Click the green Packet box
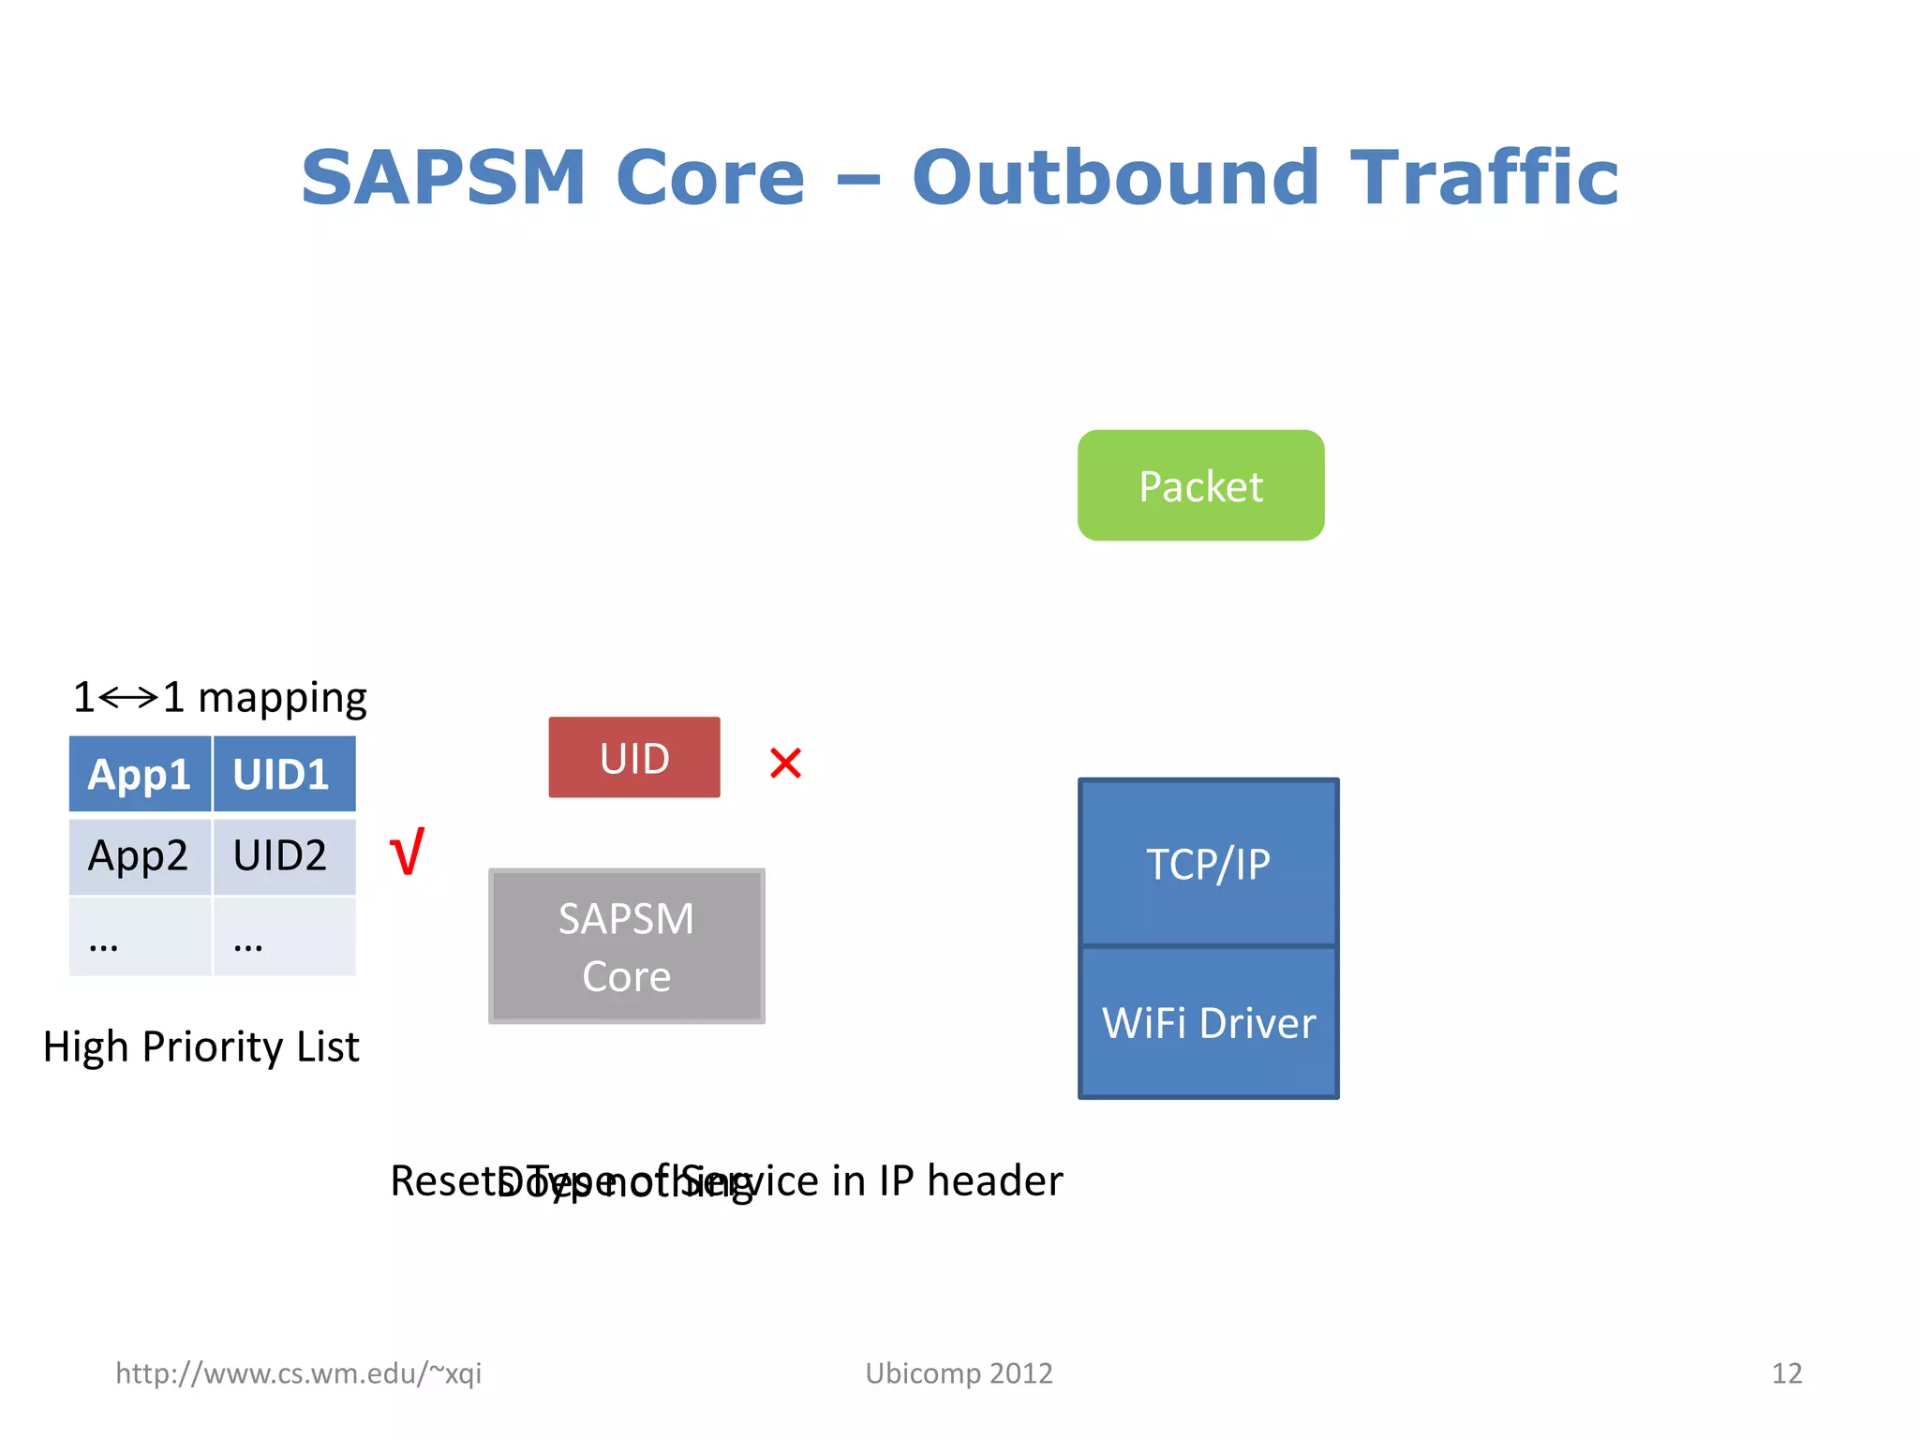1200,485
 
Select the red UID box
634,758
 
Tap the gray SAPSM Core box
627,946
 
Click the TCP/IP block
1208,863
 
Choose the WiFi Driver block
1208,1022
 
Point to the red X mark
785,763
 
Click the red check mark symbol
408,852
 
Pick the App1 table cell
140,775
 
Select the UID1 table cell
283,775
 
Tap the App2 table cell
140,855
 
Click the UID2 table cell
283,855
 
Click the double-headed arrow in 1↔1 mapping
128,698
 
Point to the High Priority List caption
201,1046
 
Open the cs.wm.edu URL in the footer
298,1373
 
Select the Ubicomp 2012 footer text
959,1373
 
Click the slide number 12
1786,1373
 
